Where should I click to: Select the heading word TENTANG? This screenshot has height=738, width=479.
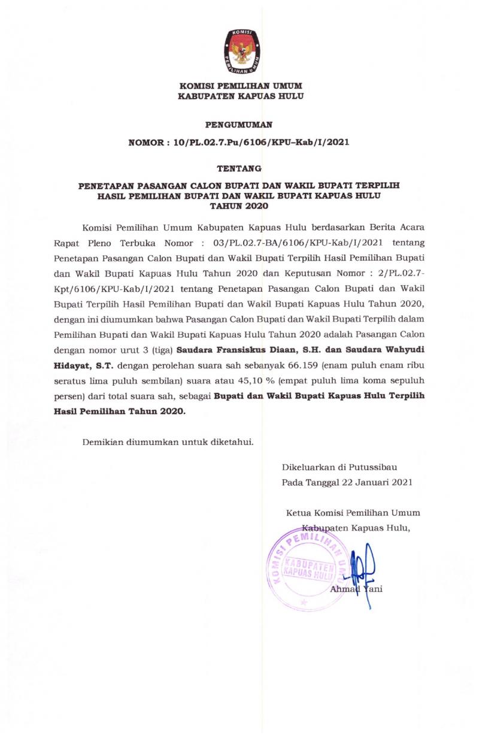239,170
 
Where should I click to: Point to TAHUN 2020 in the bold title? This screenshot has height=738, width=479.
239,205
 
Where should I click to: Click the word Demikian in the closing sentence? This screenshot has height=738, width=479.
102,442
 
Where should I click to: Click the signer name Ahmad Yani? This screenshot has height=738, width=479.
357,589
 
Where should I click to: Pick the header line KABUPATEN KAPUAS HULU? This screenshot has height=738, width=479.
239,96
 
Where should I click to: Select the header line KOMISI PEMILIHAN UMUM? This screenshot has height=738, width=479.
239,86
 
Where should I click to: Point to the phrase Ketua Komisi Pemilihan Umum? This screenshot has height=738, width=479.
353,512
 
